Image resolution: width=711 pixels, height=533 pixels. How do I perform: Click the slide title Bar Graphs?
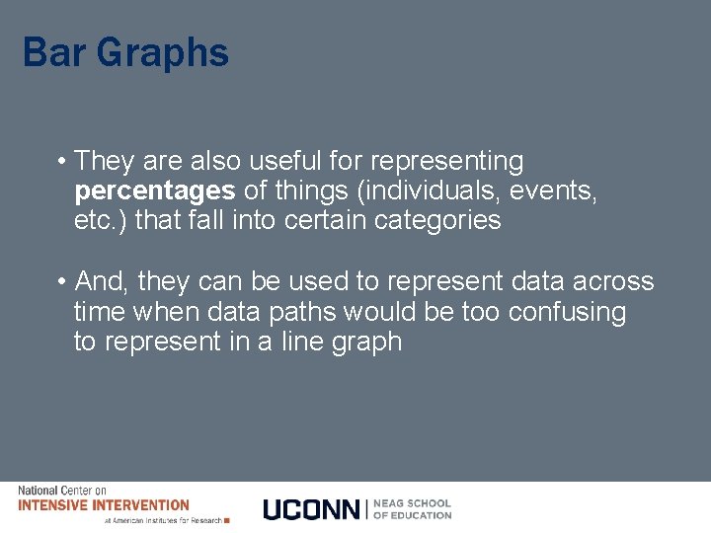(125, 53)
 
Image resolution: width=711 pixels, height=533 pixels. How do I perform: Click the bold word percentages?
(154, 190)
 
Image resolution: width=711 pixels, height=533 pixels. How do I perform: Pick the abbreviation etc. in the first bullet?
(101, 220)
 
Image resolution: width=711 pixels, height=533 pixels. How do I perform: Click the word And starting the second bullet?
(102, 282)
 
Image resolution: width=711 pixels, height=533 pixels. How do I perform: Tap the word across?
(612, 282)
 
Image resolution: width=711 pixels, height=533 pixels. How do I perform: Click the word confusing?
(567, 313)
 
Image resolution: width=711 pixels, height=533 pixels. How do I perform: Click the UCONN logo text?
(312, 509)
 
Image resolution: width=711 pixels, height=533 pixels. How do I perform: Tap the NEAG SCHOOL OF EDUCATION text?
(412, 509)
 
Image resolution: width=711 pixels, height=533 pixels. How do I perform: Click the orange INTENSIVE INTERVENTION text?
(104, 505)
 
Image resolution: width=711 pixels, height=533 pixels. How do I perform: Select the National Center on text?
(62, 491)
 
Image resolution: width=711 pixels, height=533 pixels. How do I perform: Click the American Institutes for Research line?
(163, 520)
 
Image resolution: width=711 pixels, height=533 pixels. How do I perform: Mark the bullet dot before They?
(61, 161)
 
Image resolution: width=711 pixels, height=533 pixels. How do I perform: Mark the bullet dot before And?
(61, 282)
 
